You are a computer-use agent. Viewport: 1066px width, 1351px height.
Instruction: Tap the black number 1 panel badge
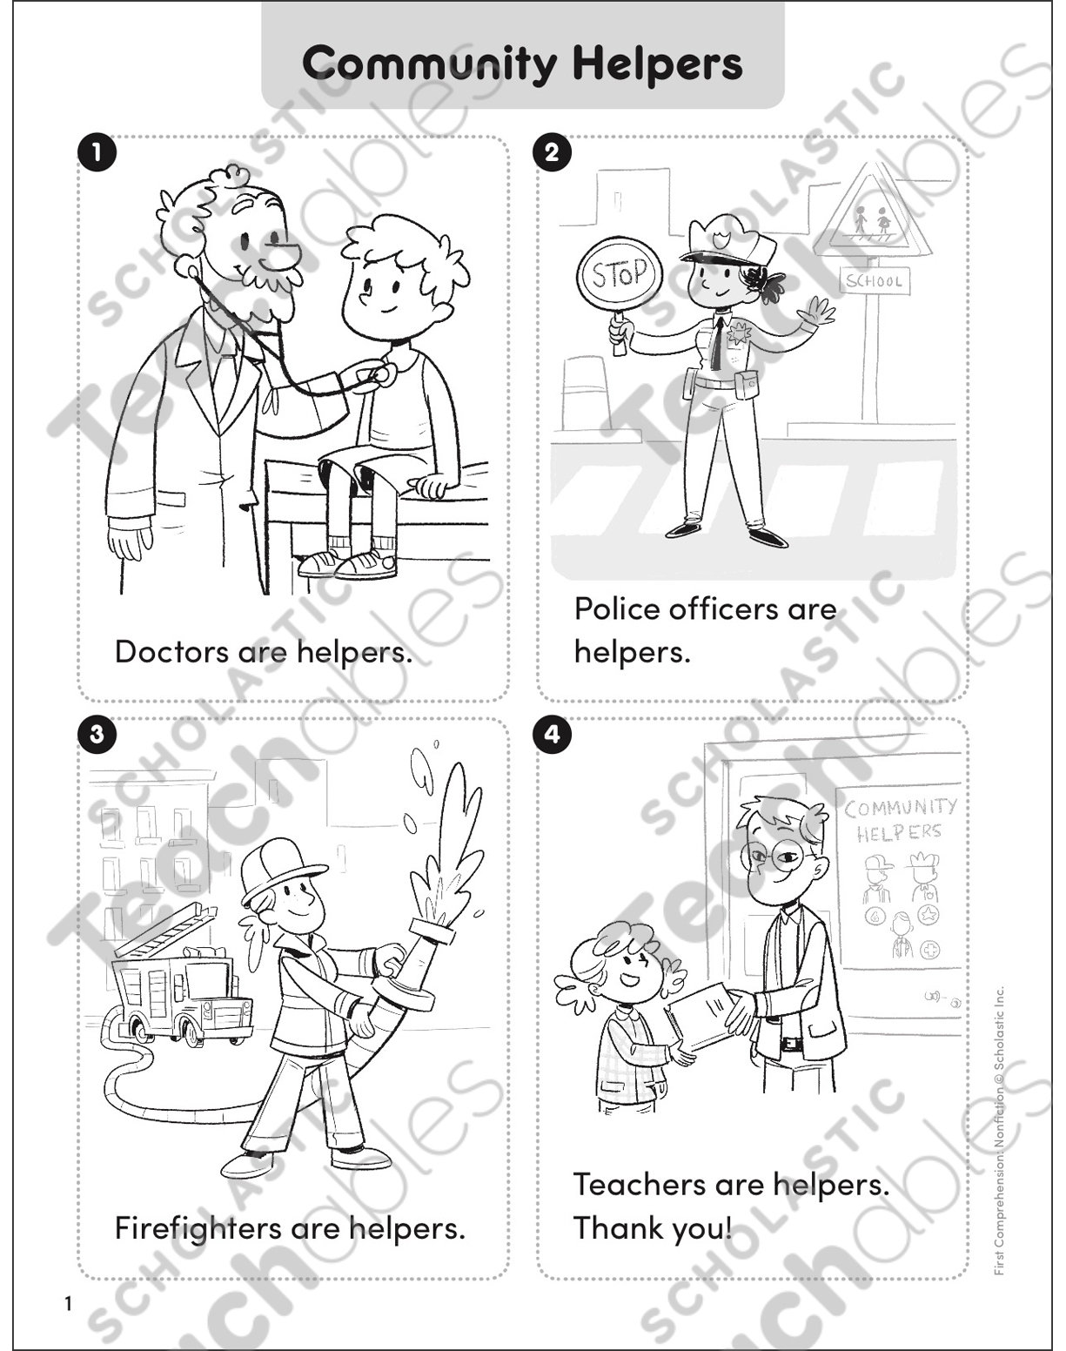tap(97, 153)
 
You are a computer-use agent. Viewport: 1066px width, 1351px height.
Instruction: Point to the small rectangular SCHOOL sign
tap(874, 279)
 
